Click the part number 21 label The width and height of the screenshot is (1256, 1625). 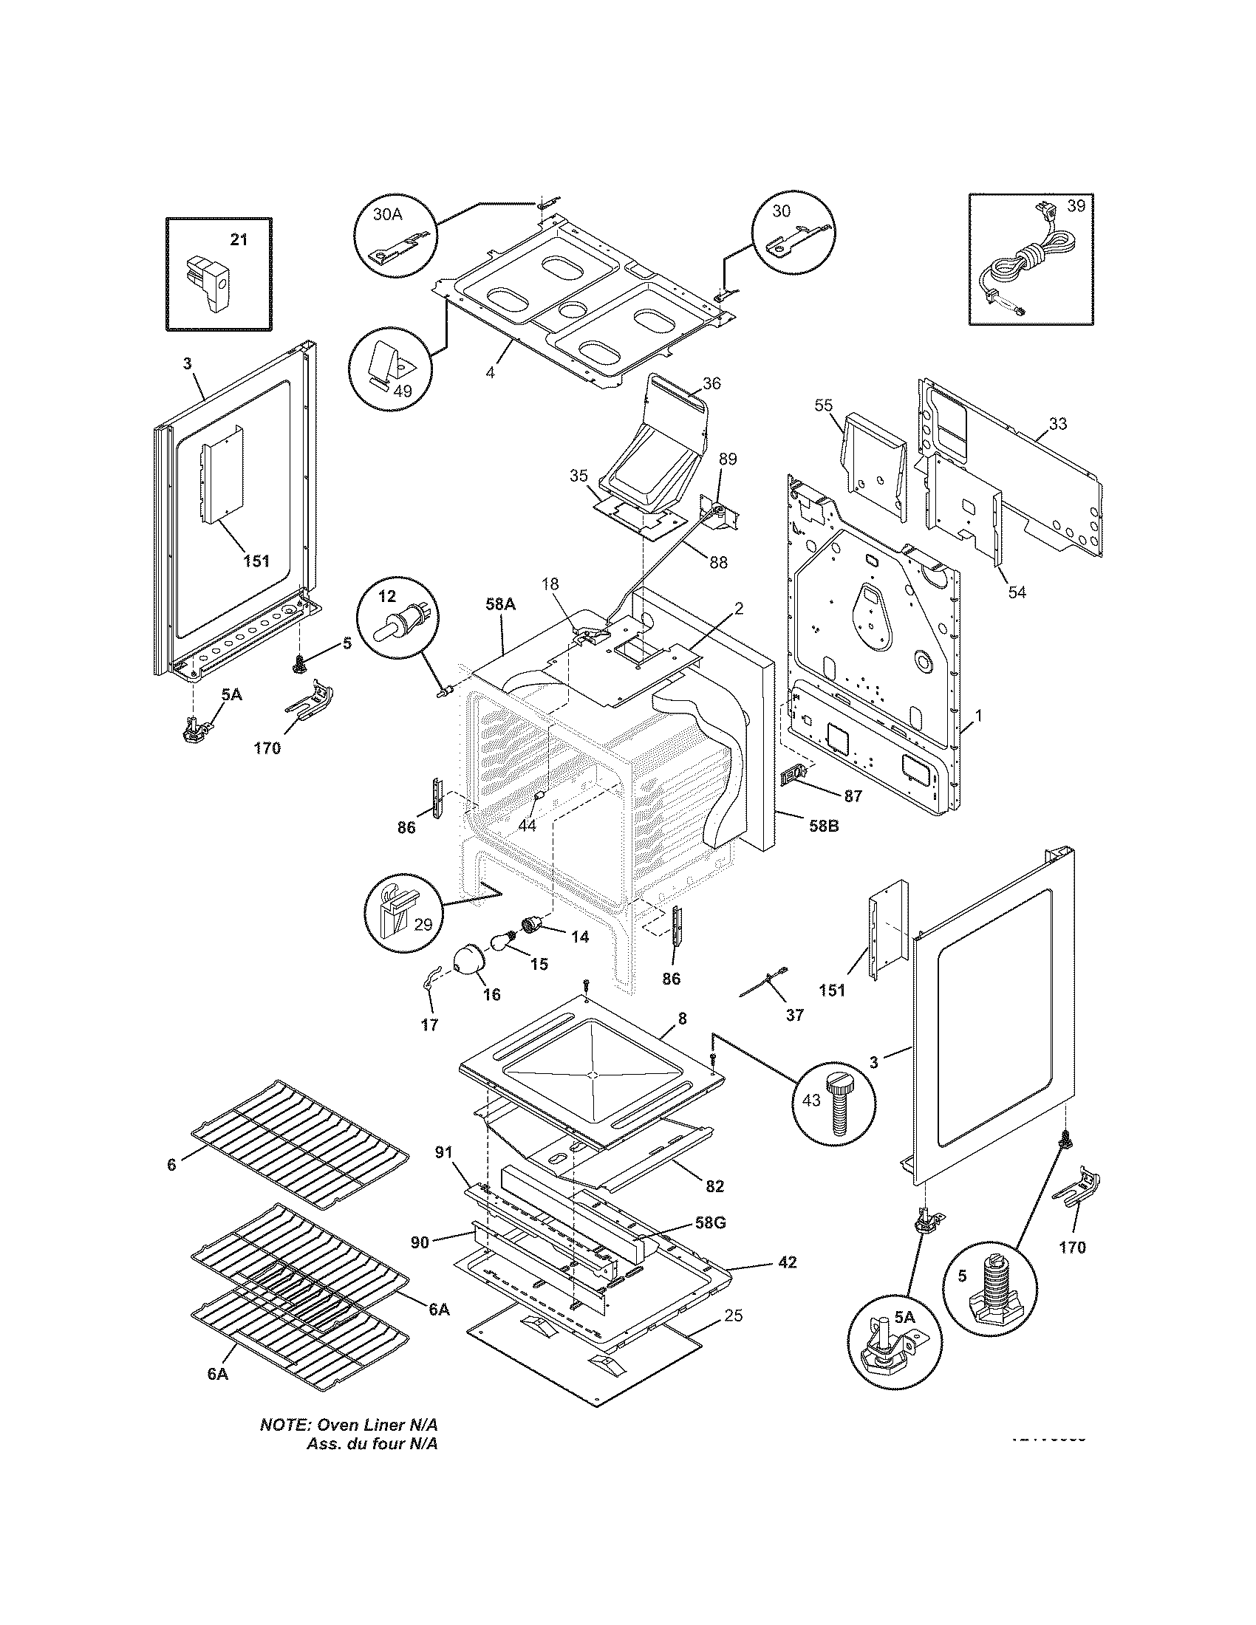coord(238,240)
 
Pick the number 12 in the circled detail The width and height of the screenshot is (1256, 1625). coord(387,596)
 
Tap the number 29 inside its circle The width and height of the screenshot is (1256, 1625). coord(423,925)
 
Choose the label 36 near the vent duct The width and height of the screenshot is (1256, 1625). coord(711,384)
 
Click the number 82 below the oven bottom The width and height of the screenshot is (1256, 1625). coord(714,1187)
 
